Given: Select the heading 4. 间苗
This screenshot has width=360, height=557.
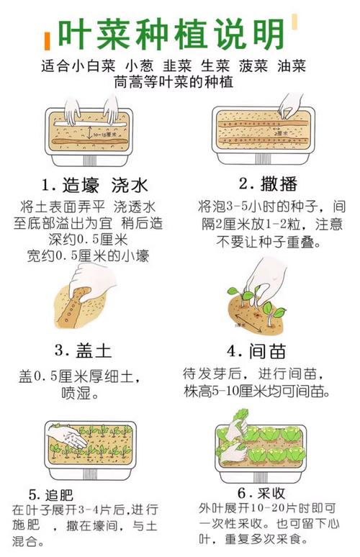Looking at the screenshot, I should (257, 351).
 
